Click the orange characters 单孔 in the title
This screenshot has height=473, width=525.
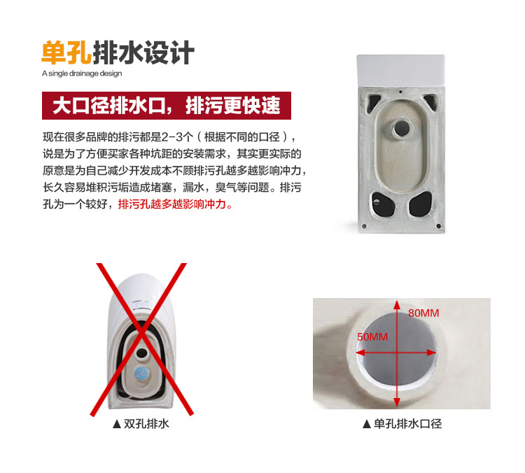(66, 52)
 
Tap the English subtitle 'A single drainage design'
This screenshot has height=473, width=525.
(82, 73)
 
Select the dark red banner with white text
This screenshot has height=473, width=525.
(167, 106)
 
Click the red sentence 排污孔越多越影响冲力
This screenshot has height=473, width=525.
(175, 204)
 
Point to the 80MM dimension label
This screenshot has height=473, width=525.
(423, 313)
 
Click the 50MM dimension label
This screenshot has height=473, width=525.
(372, 337)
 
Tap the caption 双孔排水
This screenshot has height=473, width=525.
(146, 424)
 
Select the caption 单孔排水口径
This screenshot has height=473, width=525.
(407, 424)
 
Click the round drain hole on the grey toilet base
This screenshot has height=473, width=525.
(401, 127)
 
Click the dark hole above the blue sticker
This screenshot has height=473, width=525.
(141, 353)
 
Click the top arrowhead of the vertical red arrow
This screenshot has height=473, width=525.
(397, 304)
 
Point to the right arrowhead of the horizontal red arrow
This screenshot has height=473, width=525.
(432, 353)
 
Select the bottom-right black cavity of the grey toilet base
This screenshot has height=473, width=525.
(421, 204)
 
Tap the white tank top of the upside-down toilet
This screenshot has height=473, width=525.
(401, 70)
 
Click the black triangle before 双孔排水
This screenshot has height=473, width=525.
(116, 425)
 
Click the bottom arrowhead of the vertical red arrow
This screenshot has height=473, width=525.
(397, 402)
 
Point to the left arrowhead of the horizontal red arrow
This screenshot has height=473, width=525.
(360, 353)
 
